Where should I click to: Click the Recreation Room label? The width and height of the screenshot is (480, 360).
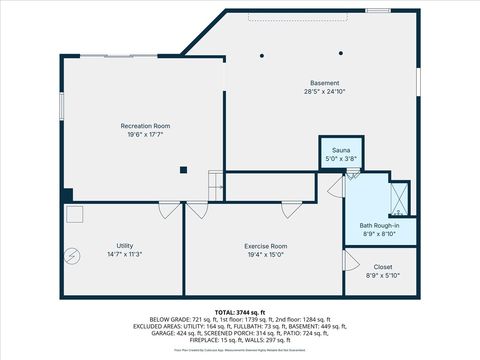point(145,126)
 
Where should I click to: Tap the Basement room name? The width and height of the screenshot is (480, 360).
point(324,83)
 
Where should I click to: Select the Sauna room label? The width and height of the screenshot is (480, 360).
point(341,149)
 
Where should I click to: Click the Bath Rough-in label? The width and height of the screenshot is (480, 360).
point(379,225)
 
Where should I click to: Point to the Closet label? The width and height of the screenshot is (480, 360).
point(383,267)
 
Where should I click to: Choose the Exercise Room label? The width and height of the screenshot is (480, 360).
point(266,246)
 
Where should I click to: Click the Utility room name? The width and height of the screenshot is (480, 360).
point(125,246)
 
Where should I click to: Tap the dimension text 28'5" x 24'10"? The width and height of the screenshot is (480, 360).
point(324,92)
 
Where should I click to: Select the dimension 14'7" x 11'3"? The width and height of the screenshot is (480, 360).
point(125,255)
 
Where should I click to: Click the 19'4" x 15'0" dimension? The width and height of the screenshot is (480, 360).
point(266,255)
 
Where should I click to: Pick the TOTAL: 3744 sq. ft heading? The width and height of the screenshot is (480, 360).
point(240,313)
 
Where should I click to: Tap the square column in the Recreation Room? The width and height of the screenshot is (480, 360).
point(184,170)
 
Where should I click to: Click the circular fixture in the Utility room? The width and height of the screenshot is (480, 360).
point(71,254)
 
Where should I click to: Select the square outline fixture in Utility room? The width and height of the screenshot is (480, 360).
point(75,214)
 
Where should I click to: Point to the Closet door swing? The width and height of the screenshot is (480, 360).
point(351,260)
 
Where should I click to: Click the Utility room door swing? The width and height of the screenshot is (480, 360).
point(169,211)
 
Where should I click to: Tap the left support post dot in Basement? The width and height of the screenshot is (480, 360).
point(263,55)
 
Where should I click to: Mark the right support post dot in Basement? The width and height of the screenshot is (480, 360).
point(341,54)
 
